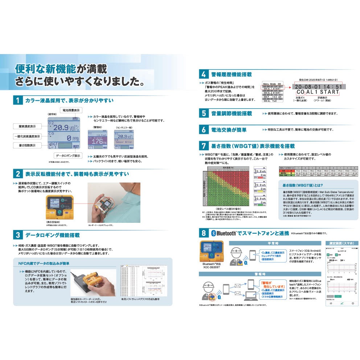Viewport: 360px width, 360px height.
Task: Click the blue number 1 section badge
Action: point(17,100)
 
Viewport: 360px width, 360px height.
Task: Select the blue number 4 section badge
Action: point(203,74)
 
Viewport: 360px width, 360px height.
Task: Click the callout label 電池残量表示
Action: point(71,110)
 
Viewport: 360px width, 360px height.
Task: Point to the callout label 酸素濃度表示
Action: point(25,127)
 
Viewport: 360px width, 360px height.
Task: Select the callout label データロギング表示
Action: point(68,156)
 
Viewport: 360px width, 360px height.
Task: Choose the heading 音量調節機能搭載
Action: point(232,114)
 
